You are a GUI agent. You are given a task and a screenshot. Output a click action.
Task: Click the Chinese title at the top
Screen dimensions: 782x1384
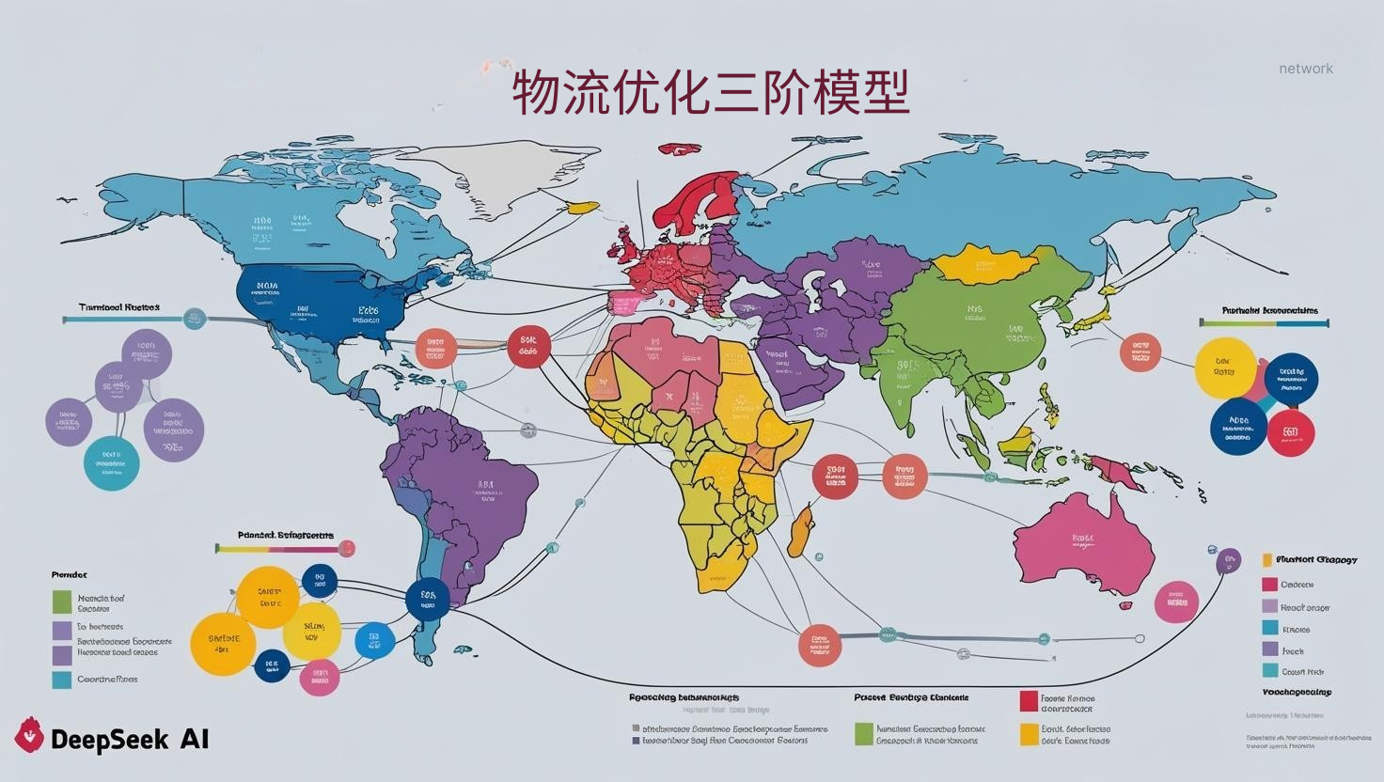coord(711,92)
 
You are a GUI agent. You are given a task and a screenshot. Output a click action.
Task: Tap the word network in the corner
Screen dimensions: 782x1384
coord(1305,69)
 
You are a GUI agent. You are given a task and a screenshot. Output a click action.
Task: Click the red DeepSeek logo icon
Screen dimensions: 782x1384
coord(30,735)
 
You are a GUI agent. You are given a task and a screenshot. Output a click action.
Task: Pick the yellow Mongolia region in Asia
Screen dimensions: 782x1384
coord(983,264)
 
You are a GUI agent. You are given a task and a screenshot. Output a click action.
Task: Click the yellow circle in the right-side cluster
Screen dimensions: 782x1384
coord(1224,368)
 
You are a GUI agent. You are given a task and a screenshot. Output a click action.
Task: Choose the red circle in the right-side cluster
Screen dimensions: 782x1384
coord(1290,432)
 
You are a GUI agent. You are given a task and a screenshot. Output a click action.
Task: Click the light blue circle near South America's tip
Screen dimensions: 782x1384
coord(374,641)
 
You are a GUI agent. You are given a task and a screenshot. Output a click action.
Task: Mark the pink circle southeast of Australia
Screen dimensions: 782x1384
coord(1175,602)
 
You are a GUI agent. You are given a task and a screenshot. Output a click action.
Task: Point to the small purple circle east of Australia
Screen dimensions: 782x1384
coord(1227,561)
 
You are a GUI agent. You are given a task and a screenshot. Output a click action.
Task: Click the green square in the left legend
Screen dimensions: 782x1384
coord(62,602)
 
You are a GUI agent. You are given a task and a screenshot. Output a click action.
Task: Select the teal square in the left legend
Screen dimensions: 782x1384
coord(62,680)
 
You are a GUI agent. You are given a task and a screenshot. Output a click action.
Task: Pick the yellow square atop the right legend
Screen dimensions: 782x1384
coord(1267,560)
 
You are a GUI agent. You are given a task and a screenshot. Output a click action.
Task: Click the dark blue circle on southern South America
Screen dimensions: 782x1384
coord(428,598)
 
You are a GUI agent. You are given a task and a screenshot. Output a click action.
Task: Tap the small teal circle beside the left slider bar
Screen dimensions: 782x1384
coord(194,319)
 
